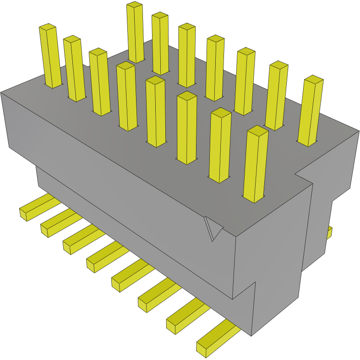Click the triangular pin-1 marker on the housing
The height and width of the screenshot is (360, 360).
point(212,228)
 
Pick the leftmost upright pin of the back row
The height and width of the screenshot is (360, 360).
point(136,32)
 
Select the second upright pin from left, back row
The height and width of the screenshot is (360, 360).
point(160,43)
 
